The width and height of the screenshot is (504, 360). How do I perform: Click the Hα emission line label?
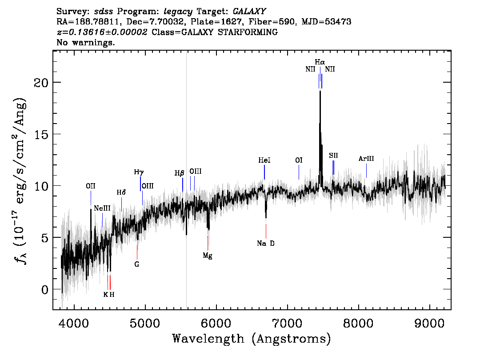coord(320,62)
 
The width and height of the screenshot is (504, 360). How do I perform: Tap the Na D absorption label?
coord(266,244)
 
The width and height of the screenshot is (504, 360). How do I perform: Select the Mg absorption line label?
coord(208,256)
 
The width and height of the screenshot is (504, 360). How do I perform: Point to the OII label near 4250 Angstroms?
coord(91,186)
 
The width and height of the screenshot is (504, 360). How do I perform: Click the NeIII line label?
coord(102,208)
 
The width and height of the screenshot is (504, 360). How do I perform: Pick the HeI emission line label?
coord(264,160)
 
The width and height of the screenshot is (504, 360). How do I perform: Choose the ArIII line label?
coord(366,159)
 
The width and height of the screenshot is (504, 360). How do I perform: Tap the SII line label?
coord(333,156)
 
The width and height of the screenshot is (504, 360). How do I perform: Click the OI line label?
coord(299,160)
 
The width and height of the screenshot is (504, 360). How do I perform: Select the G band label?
coord(137,264)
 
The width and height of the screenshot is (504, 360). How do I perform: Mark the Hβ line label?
coord(180,173)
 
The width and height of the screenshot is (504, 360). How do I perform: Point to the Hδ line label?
coord(121,192)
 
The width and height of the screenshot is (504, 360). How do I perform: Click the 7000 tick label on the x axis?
coord(287,323)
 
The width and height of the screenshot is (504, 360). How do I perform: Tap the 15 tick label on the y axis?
coord(41,134)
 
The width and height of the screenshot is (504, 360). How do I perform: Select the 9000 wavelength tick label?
coord(429,323)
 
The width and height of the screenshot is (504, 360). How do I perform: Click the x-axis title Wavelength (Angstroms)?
coord(252,339)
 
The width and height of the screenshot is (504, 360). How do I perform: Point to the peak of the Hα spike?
coord(320,91)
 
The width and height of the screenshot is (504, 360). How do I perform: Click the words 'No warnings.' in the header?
coord(85,42)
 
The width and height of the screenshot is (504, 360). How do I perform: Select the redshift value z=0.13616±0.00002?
coord(102,32)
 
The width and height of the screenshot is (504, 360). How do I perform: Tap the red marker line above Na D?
coord(266,231)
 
